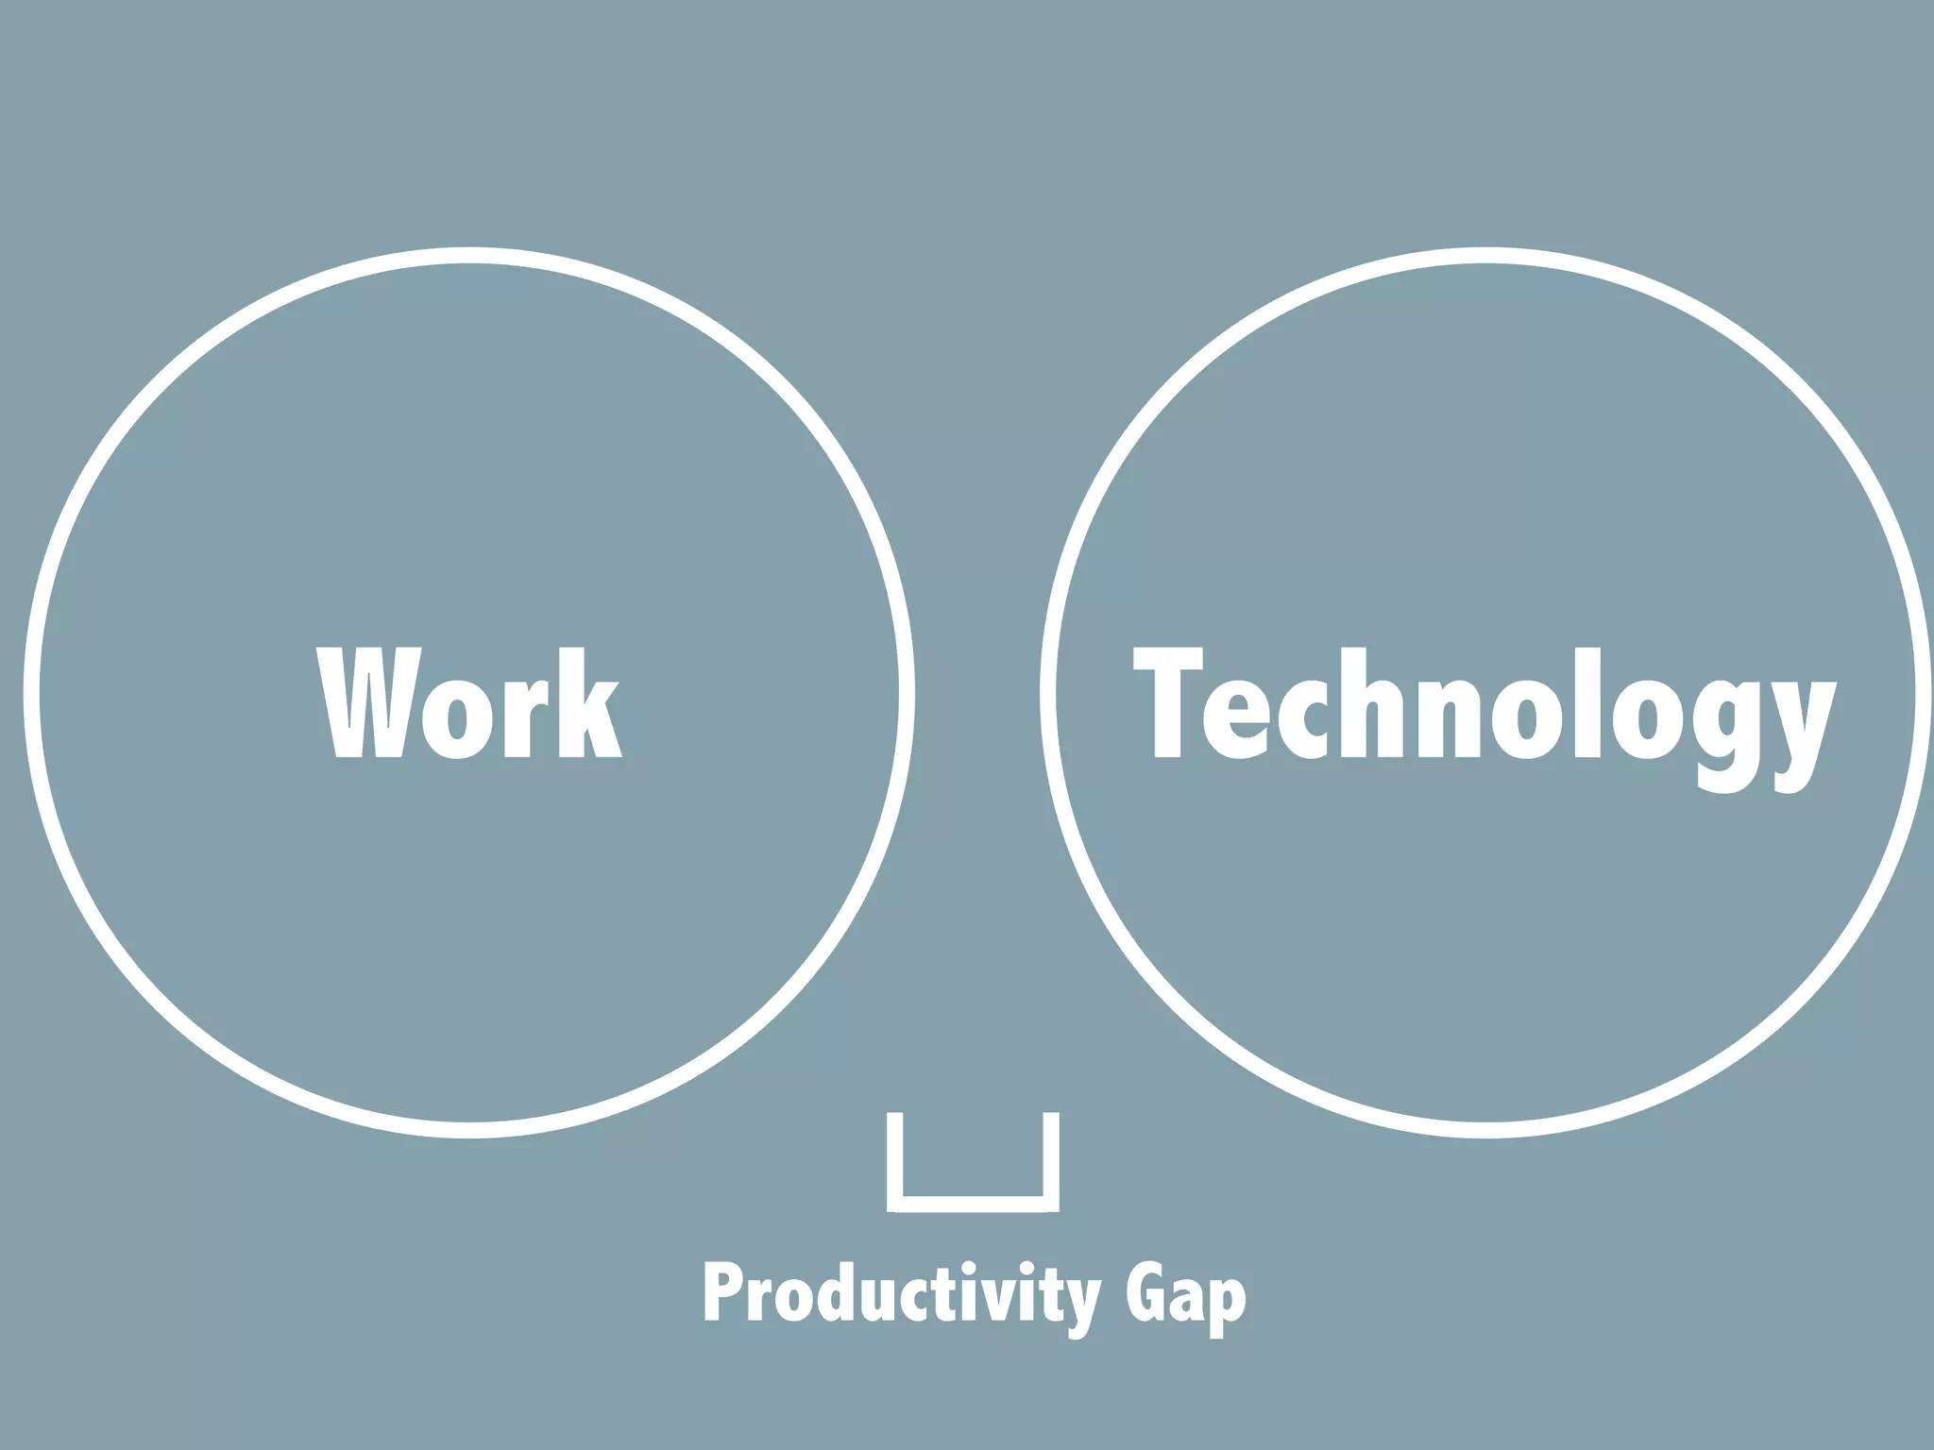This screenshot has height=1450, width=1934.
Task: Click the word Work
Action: point(469,702)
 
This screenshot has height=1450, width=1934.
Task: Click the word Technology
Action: point(1484,708)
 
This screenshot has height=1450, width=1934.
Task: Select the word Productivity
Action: point(902,1297)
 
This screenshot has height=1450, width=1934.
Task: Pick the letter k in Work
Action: point(587,702)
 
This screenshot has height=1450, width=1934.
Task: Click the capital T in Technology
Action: point(1167,702)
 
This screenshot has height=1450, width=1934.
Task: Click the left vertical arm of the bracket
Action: point(895,1159)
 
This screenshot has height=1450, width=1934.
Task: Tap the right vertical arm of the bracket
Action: point(1051,1159)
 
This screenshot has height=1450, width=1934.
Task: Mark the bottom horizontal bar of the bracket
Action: point(973,1204)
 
